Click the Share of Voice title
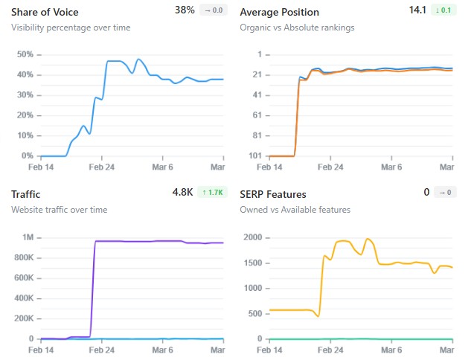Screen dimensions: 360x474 pyautogui.click(x=45, y=12)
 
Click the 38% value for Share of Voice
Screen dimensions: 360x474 pyautogui.click(x=185, y=10)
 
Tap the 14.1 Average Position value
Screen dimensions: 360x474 pyautogui.click(x=417, y=10)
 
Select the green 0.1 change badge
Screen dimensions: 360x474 pyautogui.click(x=443, y=10)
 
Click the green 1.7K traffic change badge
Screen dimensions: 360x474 pyautogui.click(x=214, y=192)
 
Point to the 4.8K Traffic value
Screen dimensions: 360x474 pyautogui.click(x=182, y=192)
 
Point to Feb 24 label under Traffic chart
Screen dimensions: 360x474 pyautogui.click(x=102, y=350)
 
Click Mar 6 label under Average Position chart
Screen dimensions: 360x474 pyautogui.click(x=391, y=167)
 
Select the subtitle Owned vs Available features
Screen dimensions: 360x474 pyautogui.click(x=295, y=210)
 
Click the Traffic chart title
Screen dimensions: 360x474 pyautogui.click(x=26, y=193)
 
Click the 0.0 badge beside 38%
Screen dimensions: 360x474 pyautogui.click(x=213, y=10)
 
